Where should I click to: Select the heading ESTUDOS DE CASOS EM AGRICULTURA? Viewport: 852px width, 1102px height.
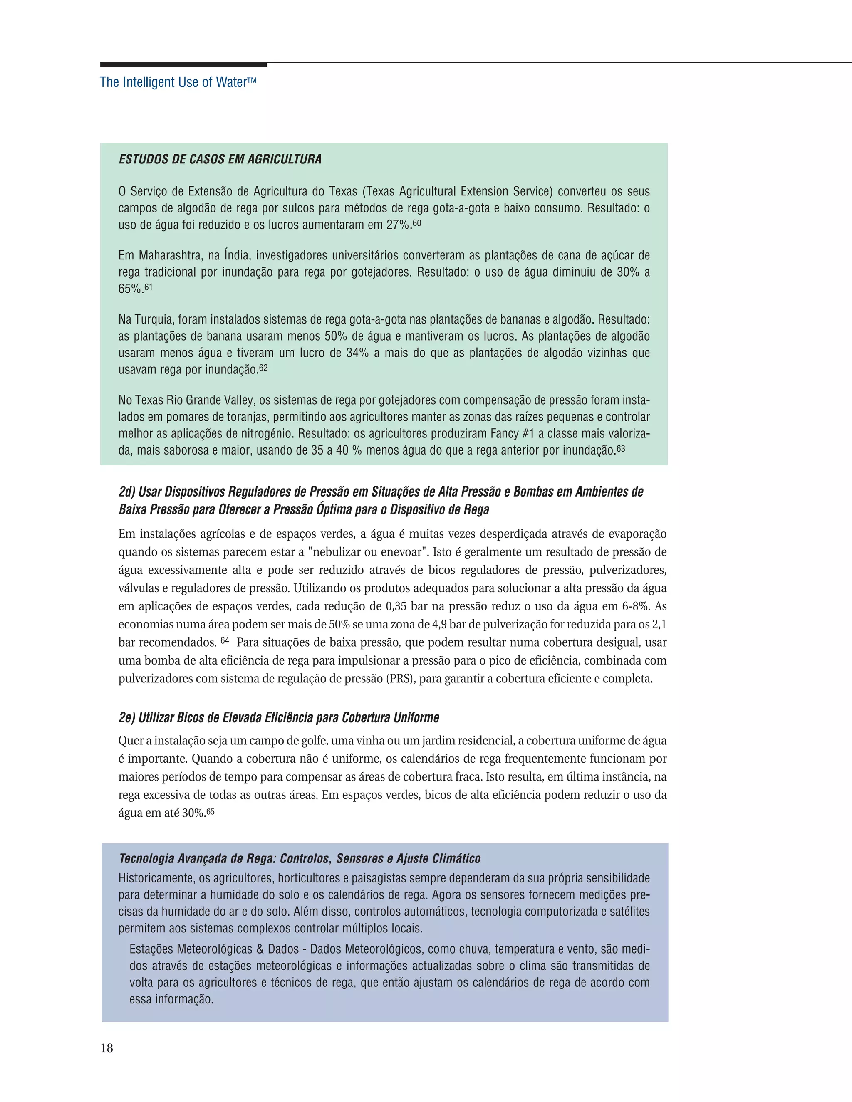tap(220, 159)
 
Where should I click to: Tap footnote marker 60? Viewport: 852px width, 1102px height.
tap(417, 222)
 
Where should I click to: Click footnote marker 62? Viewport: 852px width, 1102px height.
tap(263, 368)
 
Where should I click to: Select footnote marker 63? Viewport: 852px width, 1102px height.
tap(620, 447)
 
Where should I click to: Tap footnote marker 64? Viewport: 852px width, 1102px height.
tap(225, 640)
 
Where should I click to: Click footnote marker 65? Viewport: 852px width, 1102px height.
tap(211, 811)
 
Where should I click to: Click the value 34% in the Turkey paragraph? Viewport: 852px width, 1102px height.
tap(357, 353)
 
